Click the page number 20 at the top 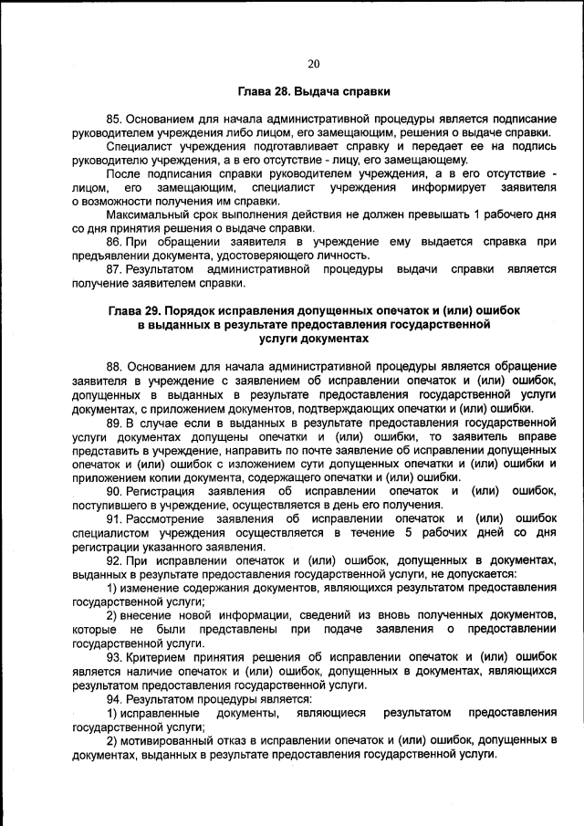tap(314, 63)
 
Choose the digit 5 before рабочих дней tap(410, 532)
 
